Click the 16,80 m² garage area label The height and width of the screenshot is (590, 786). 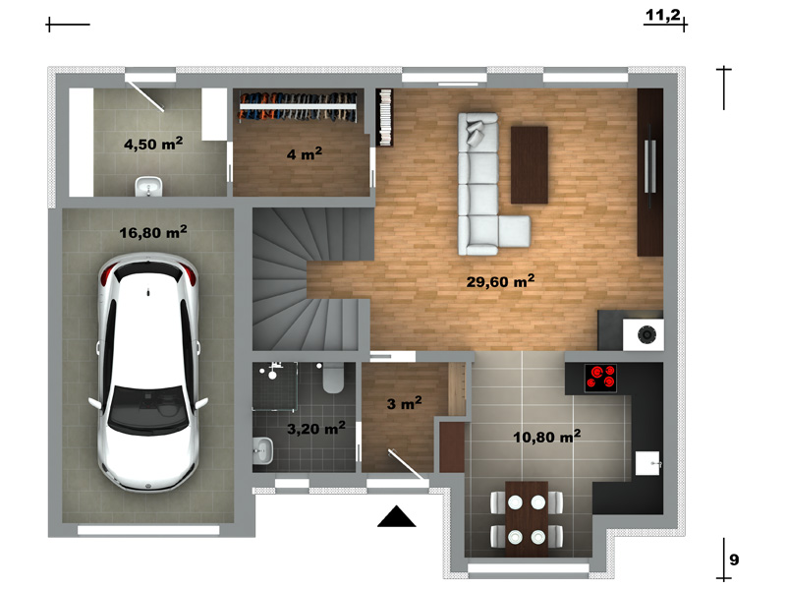[153, 232]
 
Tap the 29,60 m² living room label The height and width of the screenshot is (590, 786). [500, 281]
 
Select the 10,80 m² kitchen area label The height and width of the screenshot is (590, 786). [547, 437]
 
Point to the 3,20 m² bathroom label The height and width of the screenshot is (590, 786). [315, 428]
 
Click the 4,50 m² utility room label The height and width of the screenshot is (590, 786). [153, 144]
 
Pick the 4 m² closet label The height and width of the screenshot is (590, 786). [304, 153]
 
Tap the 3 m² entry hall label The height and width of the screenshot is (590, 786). [404, 403]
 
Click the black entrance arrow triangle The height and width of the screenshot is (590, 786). [397, 517]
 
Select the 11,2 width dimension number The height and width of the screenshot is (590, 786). [662, 15]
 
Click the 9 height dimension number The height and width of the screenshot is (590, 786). [734, 560]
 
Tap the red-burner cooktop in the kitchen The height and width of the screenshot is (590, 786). [600, 378]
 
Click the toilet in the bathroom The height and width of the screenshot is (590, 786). [333, 378]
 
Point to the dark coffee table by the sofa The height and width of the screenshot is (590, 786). [530, 165]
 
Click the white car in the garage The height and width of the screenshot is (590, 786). [149, 372]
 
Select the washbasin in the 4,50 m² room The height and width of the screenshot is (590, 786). [149, 186]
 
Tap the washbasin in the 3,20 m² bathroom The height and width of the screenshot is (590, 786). [263, 450]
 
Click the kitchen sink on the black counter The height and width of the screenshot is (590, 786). [647, 463]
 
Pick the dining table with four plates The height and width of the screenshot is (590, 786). [527, 519]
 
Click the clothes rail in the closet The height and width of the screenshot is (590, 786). [298, 106]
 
